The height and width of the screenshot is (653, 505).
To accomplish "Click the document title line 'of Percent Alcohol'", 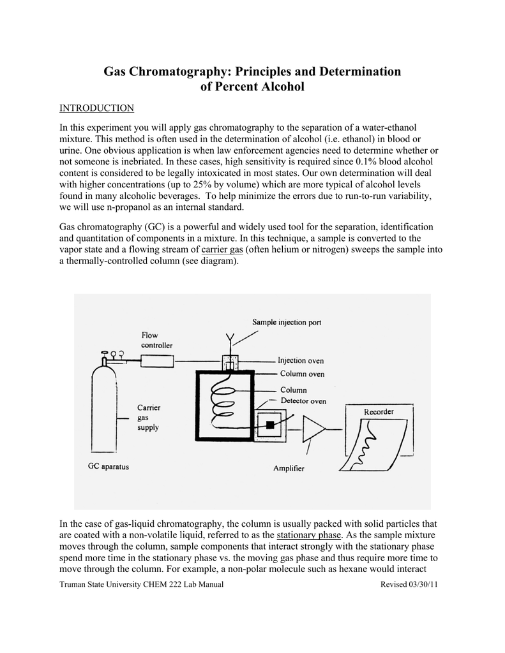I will pyautogui.click(x=252, y=87).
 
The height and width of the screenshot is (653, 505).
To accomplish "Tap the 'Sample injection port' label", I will pyautogui.click(x=287, y=323).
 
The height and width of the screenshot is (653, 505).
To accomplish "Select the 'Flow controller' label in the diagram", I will pyautogui.click(x=156, y=341).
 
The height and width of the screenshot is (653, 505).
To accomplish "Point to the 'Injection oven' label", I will pyautogui.click(x=301, y=360).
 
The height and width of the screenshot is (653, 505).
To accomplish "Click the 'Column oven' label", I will pyautogui.click(x=302, y=374).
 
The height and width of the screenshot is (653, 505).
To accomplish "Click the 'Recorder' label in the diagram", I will pyautogui.click(x=379, y=412).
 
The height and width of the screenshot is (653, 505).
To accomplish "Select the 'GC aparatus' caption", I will pyautogui.click(x=108, y=467).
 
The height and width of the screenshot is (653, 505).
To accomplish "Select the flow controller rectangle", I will pyautogui.click(x=157, y=362).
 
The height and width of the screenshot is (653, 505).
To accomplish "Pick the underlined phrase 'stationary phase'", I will pyautogui.click(x=308, y=534).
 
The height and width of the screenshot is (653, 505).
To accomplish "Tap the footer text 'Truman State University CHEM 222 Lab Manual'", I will pyautogui.click(x=141, y=585).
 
